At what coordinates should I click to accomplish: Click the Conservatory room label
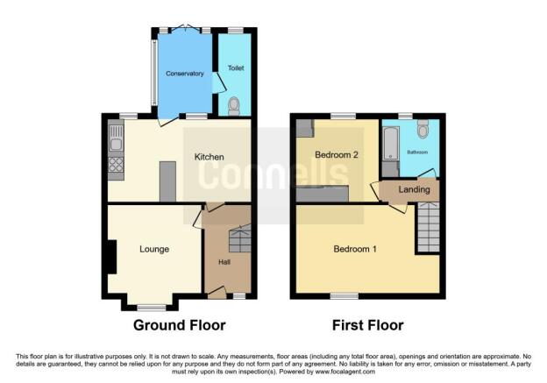coord(184,74)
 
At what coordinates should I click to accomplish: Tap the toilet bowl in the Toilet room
coord(234,107)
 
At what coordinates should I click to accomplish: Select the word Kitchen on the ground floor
coord(209,157)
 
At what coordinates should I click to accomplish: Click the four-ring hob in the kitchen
coord(114,164)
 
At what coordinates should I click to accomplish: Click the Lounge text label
coord(153,250)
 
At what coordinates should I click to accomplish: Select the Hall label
coord(224,262)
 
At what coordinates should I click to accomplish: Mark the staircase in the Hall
coord(239,238)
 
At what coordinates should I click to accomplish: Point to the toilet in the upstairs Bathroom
coord(423,130)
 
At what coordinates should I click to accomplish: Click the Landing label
coord(414,189)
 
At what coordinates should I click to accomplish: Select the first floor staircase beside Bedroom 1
coord(427,225)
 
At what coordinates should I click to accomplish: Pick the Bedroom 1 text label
coord(355,250)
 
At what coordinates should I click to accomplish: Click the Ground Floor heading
coord(179,325)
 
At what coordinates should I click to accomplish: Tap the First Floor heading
coord(367,325)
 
